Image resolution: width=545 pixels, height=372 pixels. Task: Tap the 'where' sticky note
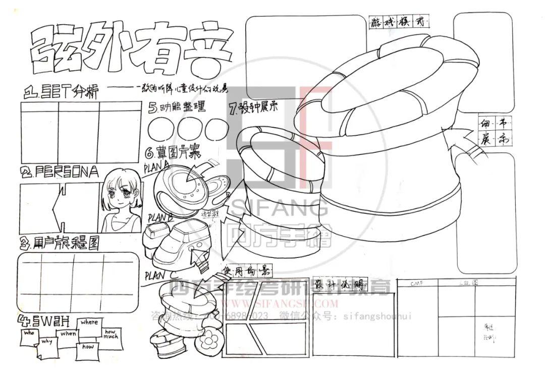89,323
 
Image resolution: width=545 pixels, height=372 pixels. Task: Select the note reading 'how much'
110,334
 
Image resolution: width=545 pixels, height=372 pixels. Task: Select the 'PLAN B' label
160,218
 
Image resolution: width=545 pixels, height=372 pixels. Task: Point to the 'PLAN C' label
160,276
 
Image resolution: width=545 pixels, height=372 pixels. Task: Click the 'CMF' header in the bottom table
417,284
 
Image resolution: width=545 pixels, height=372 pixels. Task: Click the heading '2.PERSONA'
60,172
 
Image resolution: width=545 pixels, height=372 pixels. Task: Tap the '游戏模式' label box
399,22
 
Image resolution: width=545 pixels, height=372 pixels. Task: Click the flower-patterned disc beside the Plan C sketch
207,343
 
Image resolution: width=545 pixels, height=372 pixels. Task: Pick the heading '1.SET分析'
62,92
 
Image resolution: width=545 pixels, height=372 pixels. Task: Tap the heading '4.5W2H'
44,321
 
